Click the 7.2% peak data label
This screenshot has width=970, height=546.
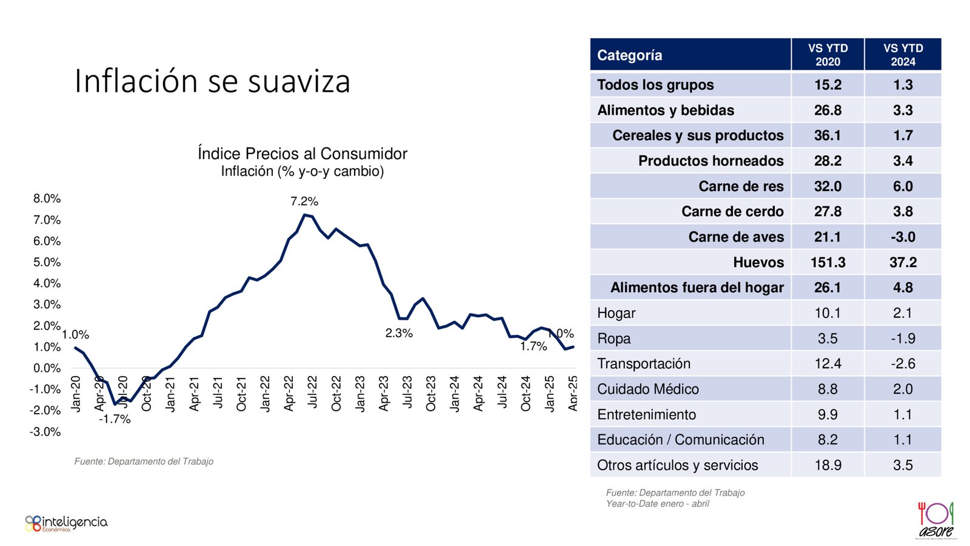pyautogui.click(x=304, y=201)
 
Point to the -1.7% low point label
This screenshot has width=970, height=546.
pyautogui.click(x=115, y=419)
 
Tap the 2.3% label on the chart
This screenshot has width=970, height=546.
pyautogui.click(x=399, y=333)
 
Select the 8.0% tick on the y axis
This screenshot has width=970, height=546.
pyautogui.click(x=47, y=198)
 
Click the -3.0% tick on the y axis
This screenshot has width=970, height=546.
pyautogui.click(x=47, y=432)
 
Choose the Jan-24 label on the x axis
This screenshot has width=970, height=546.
pyautogui.click(x=455, y=394)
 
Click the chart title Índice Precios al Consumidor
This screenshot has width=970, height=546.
pyautogui.click(x=302, y=153)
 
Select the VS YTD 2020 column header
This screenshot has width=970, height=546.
pyautogui.click(x=828, y=55)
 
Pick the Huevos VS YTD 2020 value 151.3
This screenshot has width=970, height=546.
pyautogui.click(x=828, y=262)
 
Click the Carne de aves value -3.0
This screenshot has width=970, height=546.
pyautogui.click(x=903, y=237)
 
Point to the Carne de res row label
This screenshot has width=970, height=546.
pyautogui.click(x=741, y=186)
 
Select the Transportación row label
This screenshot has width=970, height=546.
pyautogui.click(x=644, y=363)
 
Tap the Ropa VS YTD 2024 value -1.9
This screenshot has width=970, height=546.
pyautogui.click(x=903, y=339)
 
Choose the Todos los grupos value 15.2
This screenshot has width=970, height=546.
pyautogui.click(x=828, y=85)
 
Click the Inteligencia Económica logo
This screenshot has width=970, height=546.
pyautogui.click(x=66, y=523)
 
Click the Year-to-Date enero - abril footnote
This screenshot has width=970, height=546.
pyautogui.click(x=657, y=504)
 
